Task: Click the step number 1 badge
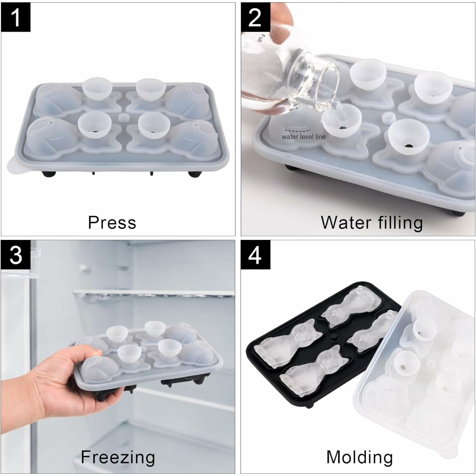16,17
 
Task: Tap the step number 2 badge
255,17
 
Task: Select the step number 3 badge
16,255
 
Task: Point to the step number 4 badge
255,255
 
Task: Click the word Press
112,222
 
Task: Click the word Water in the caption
346,222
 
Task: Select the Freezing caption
118,457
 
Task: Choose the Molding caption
359,457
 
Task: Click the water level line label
303,137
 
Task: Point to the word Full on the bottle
261,39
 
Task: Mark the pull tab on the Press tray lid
15,167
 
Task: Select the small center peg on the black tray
333,337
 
